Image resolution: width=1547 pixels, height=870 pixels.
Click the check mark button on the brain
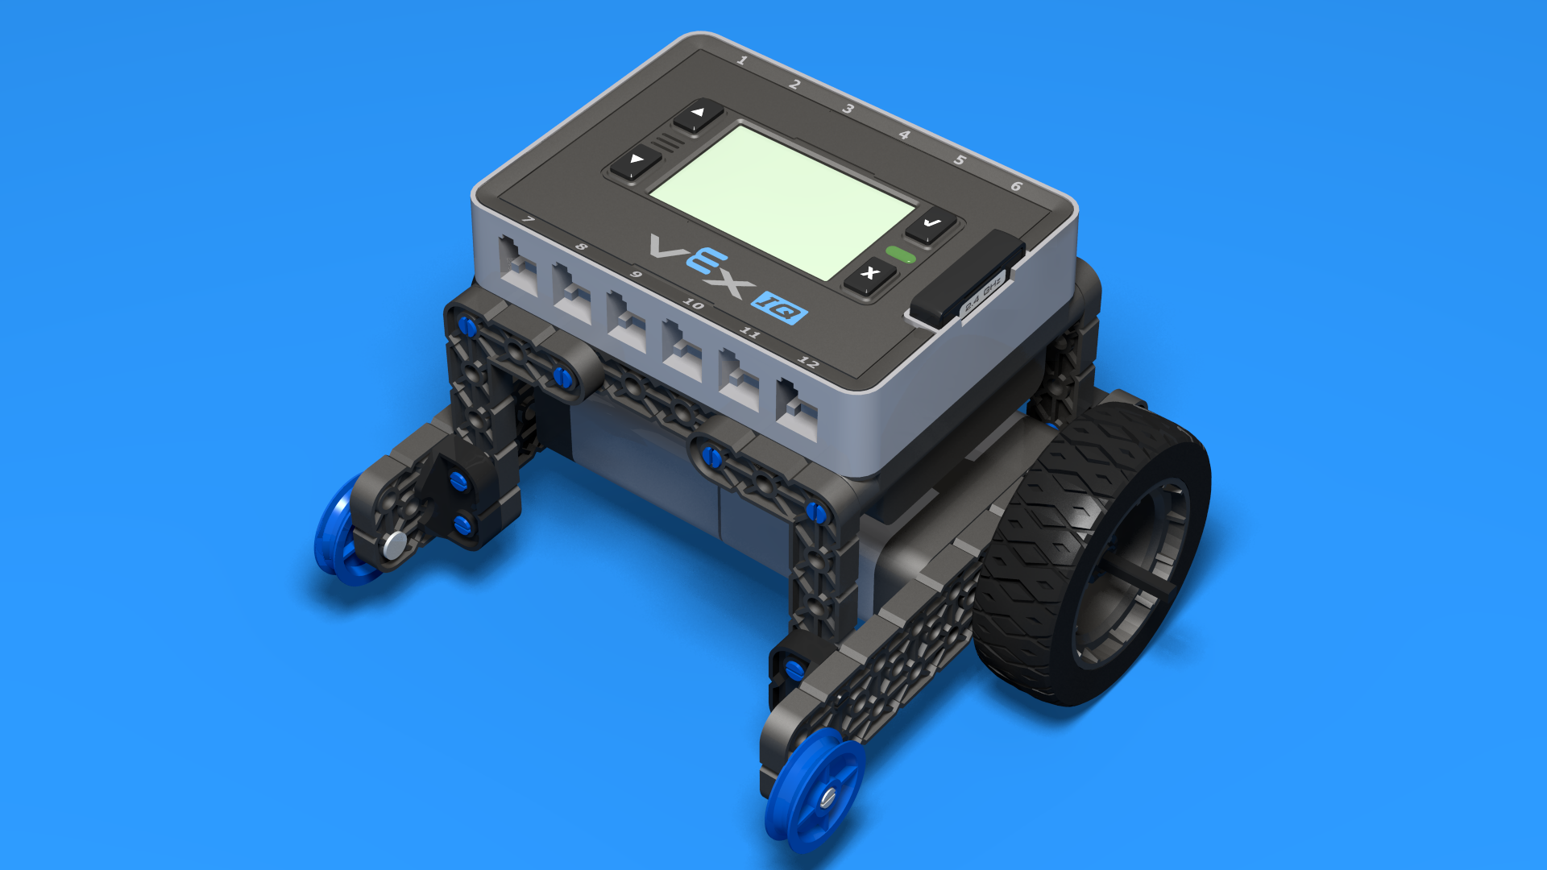pos(931,224)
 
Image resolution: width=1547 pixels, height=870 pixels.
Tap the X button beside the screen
pos(869,274)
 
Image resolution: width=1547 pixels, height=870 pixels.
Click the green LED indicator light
pos(901,255)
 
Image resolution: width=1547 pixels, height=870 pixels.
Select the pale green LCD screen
pos(782,201)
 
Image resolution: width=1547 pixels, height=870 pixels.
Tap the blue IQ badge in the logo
pos(779,307)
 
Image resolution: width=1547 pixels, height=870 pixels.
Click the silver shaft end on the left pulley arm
pos(395,545)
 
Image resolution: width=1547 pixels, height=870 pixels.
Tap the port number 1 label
pos(742,60)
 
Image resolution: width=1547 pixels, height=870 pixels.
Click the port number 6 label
pos(1016,186)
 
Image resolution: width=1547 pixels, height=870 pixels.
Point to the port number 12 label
pos(808,362)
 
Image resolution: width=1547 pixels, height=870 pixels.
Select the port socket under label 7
pos(518,267)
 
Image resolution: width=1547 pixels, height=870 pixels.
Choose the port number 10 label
pos(694,304)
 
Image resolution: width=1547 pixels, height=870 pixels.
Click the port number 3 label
pos(848,109)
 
